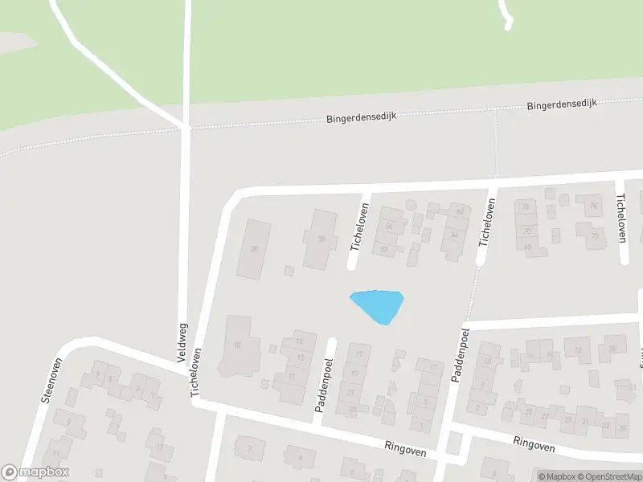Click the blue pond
click(378, 304)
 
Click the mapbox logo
click(35, 472)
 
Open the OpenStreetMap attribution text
click(607, 476)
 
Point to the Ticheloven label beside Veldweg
click(195, 371)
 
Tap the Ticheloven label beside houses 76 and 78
click(620, 217)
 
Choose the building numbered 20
click(255, 249)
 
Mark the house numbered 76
click(593, 205)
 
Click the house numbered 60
click(460, 211)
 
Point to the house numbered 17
click(358, 355)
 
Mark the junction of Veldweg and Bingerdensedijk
click(186, 127)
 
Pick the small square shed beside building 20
click(289, 270)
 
